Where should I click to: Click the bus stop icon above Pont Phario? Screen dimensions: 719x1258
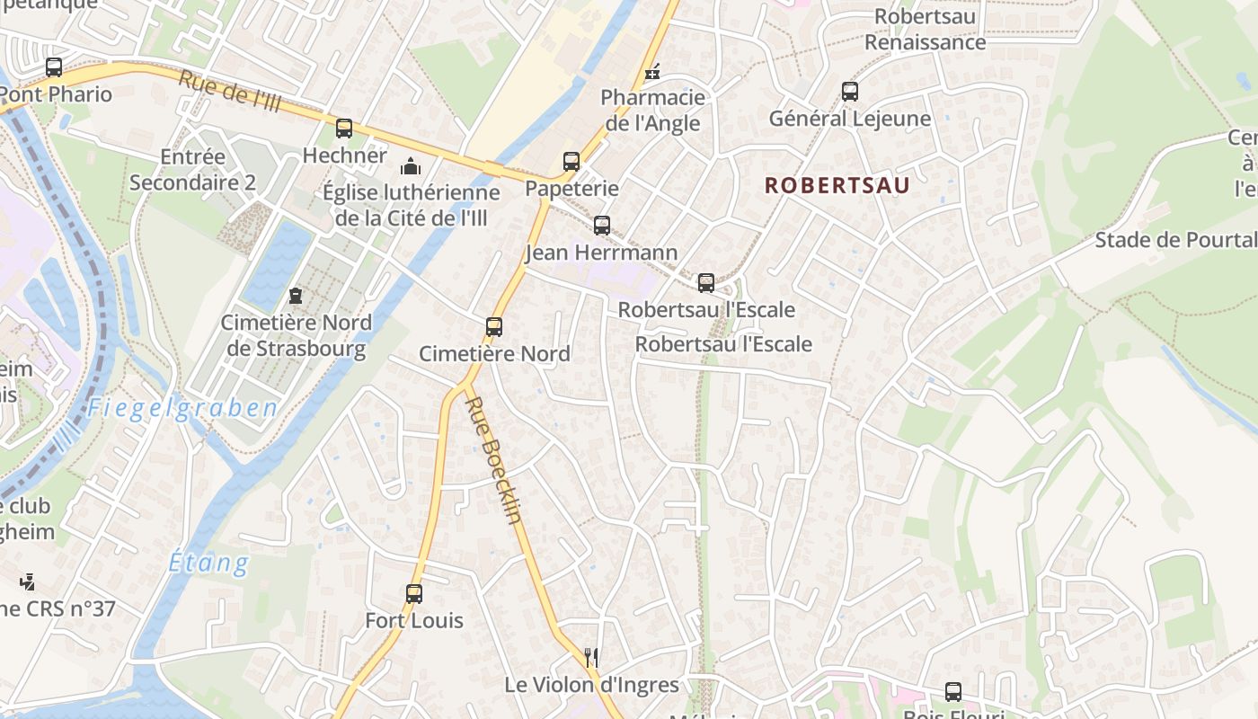[x=54, y=67]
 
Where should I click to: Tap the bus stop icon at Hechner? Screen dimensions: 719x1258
[x=344, y=129]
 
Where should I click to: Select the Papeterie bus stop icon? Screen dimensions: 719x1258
[x=571, y=162]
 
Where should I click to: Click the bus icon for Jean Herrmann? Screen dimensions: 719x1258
[x=602, y=226]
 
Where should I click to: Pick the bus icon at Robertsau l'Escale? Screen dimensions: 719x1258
[x=706, y=283]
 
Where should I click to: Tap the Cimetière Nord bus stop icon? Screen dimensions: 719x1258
[x=494, y=327]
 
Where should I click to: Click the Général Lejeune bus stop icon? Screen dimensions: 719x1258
[x=850, y=92]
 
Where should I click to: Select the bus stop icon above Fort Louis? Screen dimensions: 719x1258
[x=414, y=594]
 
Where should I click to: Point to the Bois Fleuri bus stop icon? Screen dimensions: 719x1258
[x=953, y=692]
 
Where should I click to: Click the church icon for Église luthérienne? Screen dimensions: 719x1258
[x=411, y=166]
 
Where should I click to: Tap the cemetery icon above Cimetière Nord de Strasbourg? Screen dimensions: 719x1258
[x=296, y=295]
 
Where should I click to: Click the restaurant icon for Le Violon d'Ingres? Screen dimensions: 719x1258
[x=591, y=658]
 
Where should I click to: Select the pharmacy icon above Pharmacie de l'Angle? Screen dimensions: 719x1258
[x=652, y=71]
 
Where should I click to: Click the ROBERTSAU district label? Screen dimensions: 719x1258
[x=837, y=186]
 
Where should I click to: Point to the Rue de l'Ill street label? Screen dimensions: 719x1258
[x=230, y=92]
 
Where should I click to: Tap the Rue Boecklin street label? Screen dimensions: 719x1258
[x=494, y=459]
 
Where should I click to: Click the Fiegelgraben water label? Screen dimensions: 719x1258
[x=182, y=409]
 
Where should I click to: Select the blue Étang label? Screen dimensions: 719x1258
[x=209, y=564]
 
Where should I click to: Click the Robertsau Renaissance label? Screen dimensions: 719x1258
[x=925, y=30]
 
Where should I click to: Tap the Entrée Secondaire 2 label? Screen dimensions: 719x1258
[x=192, y=170]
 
